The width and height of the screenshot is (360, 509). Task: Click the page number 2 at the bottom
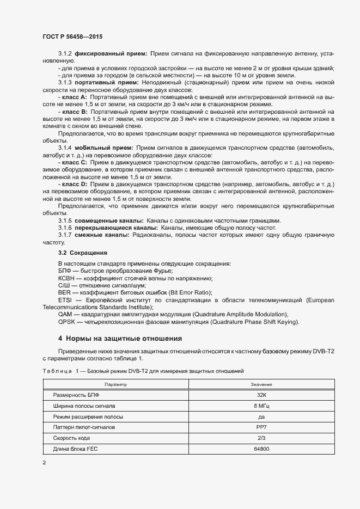(44, 463)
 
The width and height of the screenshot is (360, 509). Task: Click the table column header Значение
(262, 384)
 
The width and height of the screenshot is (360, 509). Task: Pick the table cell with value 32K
(262, 395)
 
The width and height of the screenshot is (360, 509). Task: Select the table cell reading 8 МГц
(262, 406)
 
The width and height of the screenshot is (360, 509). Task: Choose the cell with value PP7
(262, 427)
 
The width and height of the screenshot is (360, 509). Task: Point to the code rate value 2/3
(262, 438)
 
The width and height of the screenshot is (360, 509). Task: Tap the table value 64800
(262, 449)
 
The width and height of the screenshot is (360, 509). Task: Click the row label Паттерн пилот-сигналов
(84, 427)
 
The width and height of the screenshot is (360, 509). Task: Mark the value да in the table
(262, 416)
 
